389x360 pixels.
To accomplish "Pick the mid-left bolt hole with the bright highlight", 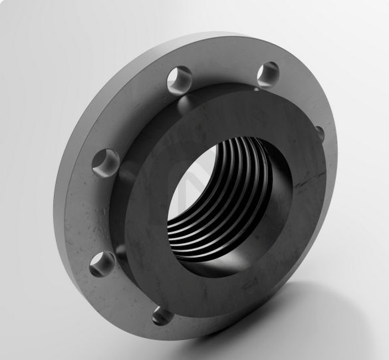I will point(105,162).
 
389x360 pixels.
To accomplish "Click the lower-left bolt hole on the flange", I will point(101,263).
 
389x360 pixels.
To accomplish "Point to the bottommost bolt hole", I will point(162,314).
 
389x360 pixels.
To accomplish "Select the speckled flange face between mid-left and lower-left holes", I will point(93,213).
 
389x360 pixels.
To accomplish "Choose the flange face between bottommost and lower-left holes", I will point(126,293).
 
